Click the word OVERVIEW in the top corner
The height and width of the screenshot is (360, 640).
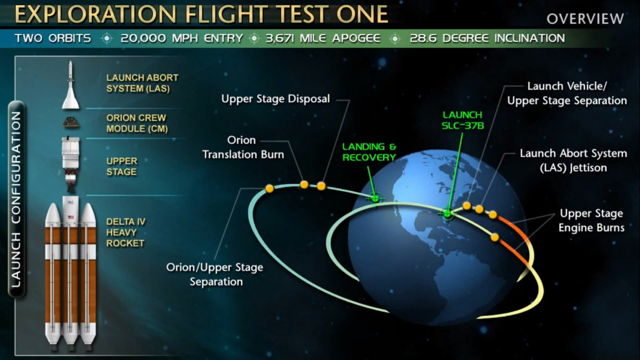pos(585,19)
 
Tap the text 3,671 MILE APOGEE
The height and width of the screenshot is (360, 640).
pos(323,38)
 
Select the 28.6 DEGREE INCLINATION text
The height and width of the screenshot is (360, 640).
pos(487,38)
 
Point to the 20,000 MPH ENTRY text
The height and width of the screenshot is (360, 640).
pos(182,38)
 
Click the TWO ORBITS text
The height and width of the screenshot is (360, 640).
pos(53,38)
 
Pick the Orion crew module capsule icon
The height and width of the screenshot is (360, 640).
pos(71,122)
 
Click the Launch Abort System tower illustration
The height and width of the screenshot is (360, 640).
pos(71,85)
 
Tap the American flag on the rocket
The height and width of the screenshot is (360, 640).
pos(71,217)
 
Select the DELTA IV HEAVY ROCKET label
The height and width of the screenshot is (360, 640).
pos(126,232)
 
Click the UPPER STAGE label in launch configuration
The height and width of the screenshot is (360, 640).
pos(122,166)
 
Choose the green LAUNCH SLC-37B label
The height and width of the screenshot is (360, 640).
pos(463,120)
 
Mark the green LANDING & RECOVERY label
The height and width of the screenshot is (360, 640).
pos(369,152)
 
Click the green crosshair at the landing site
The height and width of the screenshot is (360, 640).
pos(375,198)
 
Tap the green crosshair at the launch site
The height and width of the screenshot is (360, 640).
pos(447,213)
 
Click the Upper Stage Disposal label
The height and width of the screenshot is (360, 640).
pos(275,99)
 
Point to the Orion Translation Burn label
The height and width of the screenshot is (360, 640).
pos(244,147)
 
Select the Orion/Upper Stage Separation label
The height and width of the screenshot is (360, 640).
pos(215,275)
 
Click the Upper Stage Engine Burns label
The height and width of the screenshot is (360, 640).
pos(591,220)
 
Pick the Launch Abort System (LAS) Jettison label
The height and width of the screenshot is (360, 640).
pos(573,160)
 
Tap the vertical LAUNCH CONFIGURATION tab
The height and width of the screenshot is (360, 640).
pos(16,199)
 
